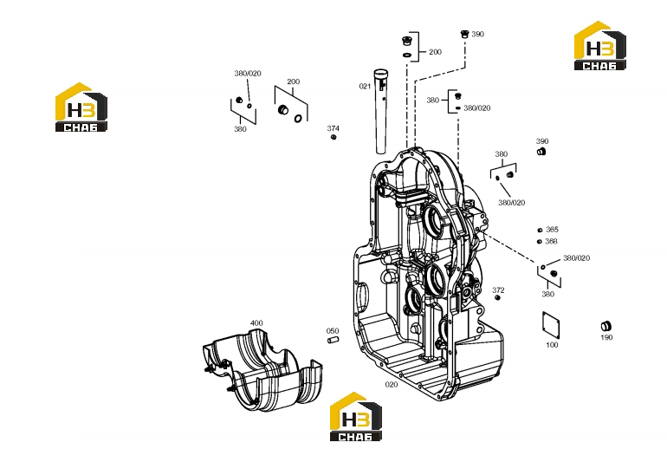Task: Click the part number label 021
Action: [365, 87]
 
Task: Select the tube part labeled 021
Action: [380, 111]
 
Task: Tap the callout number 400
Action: [256, 323]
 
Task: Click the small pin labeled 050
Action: [333, 340]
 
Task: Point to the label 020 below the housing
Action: [392, 384]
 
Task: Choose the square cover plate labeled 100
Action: [551, 326]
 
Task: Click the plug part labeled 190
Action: [606, 327]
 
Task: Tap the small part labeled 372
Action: [497, 297]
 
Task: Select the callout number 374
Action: [333, 128]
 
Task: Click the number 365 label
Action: [552, 230]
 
